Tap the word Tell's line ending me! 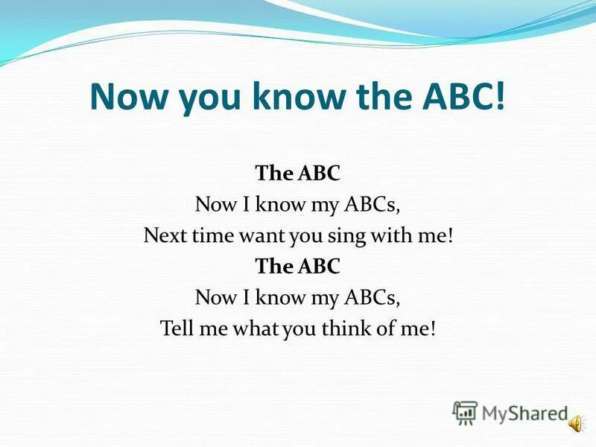pos(417,329)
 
